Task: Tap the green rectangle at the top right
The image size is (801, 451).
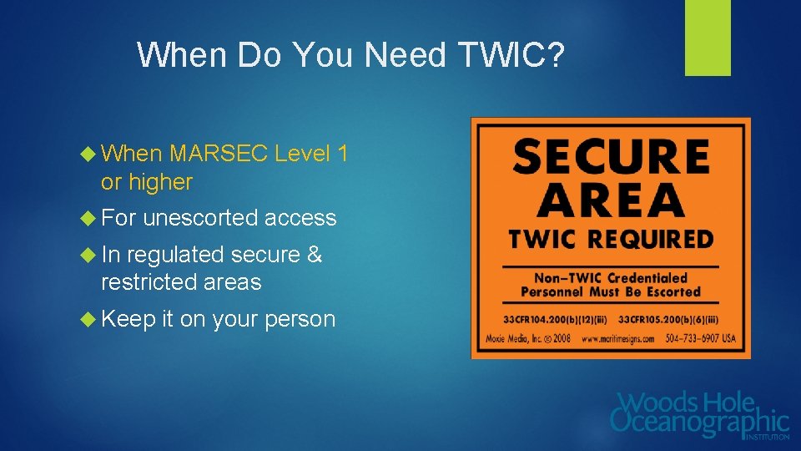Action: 708,38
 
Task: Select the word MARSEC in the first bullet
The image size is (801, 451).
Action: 218,154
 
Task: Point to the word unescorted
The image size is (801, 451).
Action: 199,218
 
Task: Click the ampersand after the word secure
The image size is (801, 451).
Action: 315,255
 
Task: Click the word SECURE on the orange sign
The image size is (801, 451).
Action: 611,157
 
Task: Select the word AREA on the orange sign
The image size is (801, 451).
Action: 611,201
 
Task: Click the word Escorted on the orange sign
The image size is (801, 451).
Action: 668,292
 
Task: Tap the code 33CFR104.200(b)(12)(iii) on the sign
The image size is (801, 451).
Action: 553,319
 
